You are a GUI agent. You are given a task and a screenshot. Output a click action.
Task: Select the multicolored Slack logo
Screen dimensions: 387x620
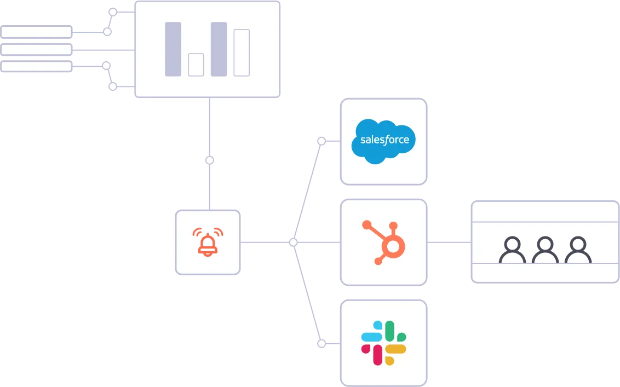(383, 343)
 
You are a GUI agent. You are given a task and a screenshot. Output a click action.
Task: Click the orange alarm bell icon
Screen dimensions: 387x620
(208, 241)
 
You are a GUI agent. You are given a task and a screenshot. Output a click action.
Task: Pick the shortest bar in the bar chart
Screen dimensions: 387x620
(196, 65)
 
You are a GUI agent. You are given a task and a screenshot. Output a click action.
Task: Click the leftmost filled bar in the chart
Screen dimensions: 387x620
(173, 49)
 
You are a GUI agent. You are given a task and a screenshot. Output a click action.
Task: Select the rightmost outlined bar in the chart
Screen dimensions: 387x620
(242, 53)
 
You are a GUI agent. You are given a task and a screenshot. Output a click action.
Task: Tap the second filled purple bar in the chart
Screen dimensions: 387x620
(219, 49)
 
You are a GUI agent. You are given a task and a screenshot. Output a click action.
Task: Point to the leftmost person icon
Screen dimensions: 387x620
(512, 250)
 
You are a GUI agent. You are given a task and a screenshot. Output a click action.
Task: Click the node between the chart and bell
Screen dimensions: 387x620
(209, 161)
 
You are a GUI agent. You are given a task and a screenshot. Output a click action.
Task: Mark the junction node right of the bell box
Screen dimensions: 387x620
(293, 242)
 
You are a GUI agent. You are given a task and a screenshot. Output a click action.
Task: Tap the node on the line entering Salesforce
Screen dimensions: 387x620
(322, 141)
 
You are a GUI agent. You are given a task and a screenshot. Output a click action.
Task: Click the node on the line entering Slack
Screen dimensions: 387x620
(322, 344)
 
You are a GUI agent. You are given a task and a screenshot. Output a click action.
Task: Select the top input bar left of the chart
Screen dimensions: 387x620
(36, 32)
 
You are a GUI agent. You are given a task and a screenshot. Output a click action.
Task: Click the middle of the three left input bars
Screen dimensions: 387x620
(36, 50)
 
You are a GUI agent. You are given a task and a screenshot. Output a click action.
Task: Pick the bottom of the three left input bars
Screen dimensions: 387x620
(36, 67)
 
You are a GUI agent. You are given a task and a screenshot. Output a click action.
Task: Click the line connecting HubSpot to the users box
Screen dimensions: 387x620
(449, 242)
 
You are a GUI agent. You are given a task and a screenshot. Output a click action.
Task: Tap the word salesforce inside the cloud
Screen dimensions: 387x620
(384, 140)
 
